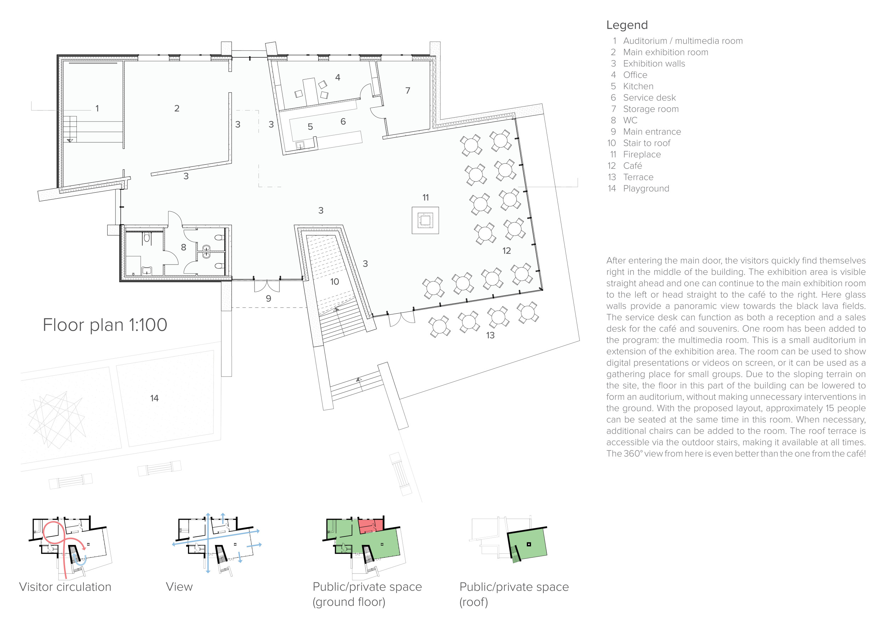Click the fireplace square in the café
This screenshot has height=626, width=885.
[x=425, y=220]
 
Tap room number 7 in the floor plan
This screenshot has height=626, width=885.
[x=408, y=91]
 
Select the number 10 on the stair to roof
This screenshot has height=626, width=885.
[x=335, y=282]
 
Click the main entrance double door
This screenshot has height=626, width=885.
[x=267, y=286]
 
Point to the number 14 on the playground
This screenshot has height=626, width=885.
[x=154, y=398]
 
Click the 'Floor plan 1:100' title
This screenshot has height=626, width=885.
[x=105, y=325]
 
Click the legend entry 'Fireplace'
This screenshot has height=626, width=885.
[x=642, y=155]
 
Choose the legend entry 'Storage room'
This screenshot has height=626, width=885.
[x=651, y=109]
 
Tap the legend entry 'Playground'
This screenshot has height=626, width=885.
[x=646, y=188]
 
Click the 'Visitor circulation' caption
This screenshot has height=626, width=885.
[x=65, y=587]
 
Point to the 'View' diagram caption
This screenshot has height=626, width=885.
[x=179, y=587]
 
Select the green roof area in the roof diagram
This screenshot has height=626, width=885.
[x=527, y=544]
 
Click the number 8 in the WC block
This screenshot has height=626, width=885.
[x=183, y=247]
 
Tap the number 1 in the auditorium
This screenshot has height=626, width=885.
[x=97, y=109]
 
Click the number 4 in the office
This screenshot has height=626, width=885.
[x=338, y=78]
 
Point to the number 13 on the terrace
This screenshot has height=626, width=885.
[x=490, y=335]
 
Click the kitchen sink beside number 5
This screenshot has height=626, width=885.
[x=300, y=145]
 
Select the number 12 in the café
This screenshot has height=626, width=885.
[x=507, y=251]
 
